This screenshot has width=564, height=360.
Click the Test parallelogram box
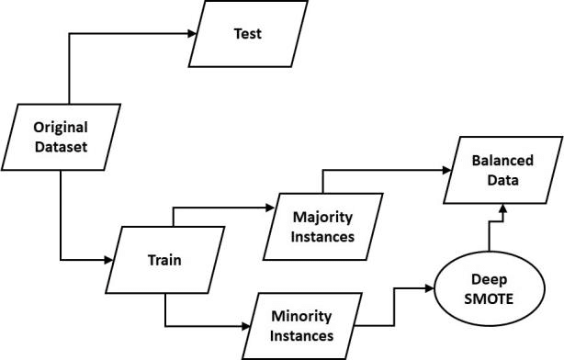pyautogui.click(x=247, y=34)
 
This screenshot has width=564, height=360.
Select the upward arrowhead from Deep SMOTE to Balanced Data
pyautogui.click(x=501, y=212)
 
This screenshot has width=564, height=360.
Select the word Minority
pyautogui.click(x=300, y=316)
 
